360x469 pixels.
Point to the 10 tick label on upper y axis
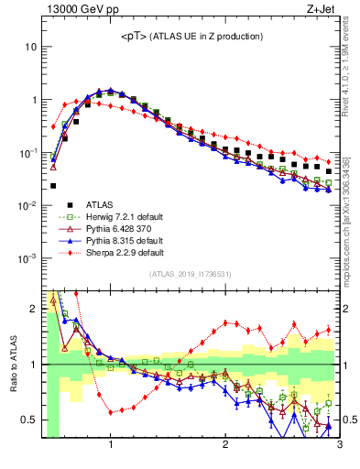pyautogui.click(x=31, y=47)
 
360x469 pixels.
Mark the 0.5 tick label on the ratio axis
pyautogui.click(x=29, y=420)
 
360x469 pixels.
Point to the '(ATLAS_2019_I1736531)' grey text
pyautogui.click(x=191, y=274)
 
